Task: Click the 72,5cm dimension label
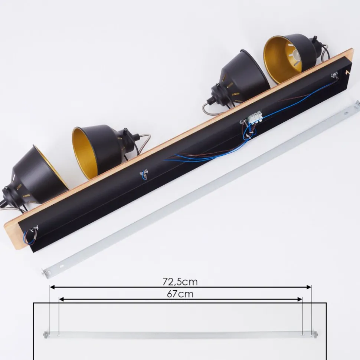pyautogui.click(x=180, y=282)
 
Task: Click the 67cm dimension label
pyautogui.click(x=180, y=294)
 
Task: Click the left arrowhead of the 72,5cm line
pyautogui.click(x=52, y=287)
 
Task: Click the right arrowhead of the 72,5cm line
pyautogui.click(x=309, y=287)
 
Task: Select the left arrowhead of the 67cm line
pyautogui.click(x=61, y=299)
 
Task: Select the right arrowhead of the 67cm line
pyautogui.click(x=300, y=299)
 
